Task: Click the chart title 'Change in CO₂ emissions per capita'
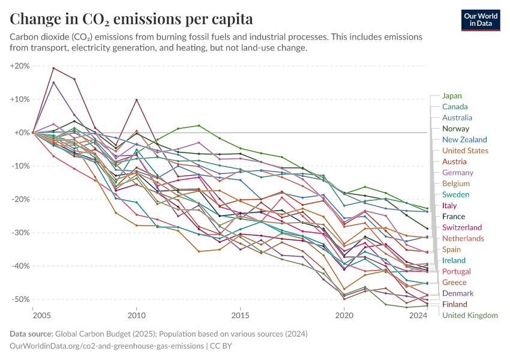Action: tap(131, 17)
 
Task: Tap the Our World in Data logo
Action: tap(480, 19)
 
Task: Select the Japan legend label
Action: tap(452, 95)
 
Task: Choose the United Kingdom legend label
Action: tap(470, 315)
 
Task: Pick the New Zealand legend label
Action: tap(464, 139)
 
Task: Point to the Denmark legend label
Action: tap(457, 293)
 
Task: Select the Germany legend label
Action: tap(457, 172)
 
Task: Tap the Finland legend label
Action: tap(455, 304)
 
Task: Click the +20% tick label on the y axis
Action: tap(20, 66)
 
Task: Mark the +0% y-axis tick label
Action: tap(22, 133)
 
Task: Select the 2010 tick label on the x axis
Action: tap(137, 315)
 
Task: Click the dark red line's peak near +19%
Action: tap(53, 68)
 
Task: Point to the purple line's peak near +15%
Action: tap(53, 82)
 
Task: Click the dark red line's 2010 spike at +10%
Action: tap(137, 100)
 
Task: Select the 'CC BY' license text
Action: tap(219, 346)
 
